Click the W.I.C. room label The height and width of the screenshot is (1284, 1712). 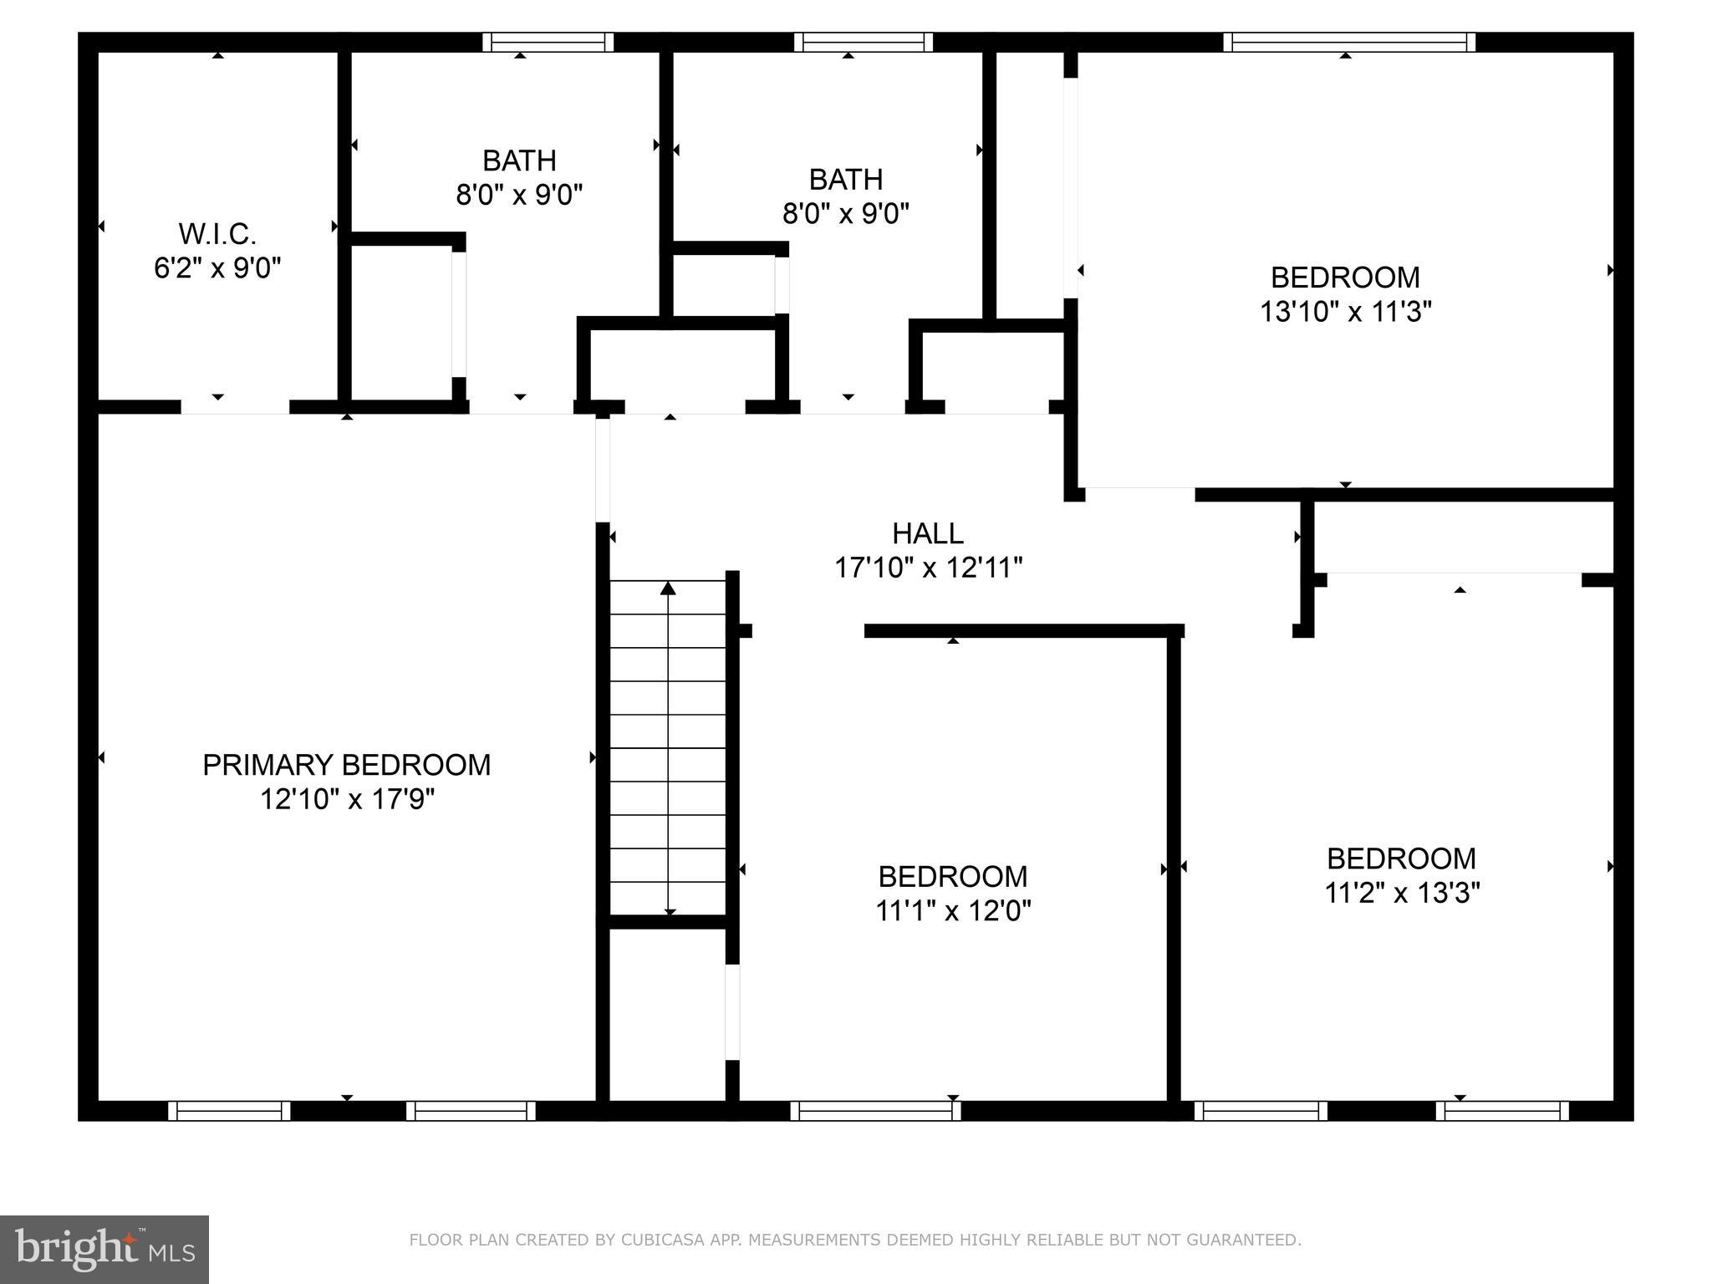(217, 233)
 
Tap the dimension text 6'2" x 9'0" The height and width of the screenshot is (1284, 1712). (217, 268)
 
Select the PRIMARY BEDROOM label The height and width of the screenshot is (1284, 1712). (346, 765)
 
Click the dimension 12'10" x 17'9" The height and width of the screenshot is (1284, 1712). (346, 800)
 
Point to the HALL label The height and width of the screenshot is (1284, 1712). (927, 533)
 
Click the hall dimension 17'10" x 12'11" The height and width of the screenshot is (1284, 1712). (928, 568)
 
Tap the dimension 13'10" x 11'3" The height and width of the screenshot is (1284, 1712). (1345, 312)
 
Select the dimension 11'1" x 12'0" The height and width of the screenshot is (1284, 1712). (953, 910)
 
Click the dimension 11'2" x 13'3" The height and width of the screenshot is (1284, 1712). (1402, 893)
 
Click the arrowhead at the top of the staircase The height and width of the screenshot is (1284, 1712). (668, 588)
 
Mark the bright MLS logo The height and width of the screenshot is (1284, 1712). (104, 1249)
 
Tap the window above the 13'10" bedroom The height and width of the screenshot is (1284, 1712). (1348, 42)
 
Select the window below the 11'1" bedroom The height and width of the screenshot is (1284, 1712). (875, 1111)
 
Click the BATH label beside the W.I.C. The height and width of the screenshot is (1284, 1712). (519, 160)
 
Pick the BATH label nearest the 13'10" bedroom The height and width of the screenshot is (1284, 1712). (845, 179)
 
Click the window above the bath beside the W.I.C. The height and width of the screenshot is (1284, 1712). (548, 42)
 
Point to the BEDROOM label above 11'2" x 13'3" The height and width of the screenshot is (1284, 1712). (1402, 859)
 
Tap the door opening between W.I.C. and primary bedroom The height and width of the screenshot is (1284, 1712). (235, 408)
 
